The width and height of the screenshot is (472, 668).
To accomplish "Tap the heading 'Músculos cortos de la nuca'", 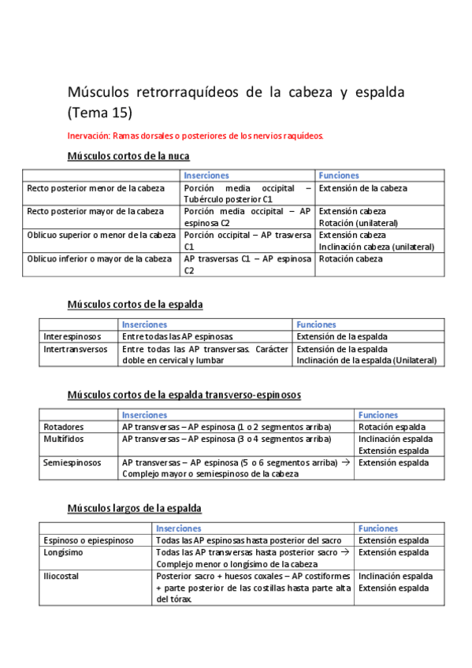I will click(128, 156).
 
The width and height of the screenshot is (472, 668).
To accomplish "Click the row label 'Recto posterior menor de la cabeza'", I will click(96, 189).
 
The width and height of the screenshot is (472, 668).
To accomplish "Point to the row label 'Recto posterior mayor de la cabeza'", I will click(96, 211).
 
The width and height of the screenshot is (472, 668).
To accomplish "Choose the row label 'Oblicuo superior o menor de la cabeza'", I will click(102, 235).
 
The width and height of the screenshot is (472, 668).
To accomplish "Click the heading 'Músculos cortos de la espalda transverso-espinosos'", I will click(184, 394).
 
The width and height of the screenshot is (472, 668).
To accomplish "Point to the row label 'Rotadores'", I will click(64, 427).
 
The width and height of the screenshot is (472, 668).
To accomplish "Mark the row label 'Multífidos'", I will click(64, 439).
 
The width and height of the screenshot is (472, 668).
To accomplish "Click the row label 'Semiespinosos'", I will click(72, 463).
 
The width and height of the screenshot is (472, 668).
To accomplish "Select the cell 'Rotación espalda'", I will click(392, 427).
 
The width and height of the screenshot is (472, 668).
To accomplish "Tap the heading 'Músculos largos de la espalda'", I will click(134, 508).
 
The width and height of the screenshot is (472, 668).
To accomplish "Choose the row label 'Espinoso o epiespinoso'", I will click(88, 540).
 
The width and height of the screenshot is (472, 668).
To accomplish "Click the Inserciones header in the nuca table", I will click(206, 176).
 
